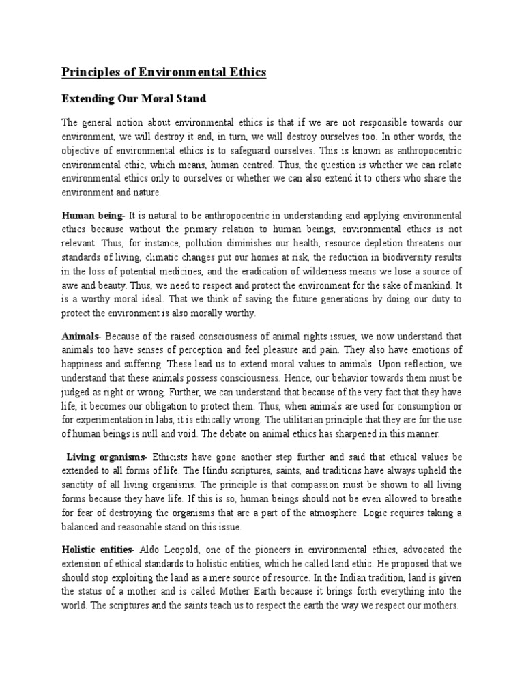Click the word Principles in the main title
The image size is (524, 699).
[88, 72]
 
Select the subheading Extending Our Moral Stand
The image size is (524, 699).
[134, 98]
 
